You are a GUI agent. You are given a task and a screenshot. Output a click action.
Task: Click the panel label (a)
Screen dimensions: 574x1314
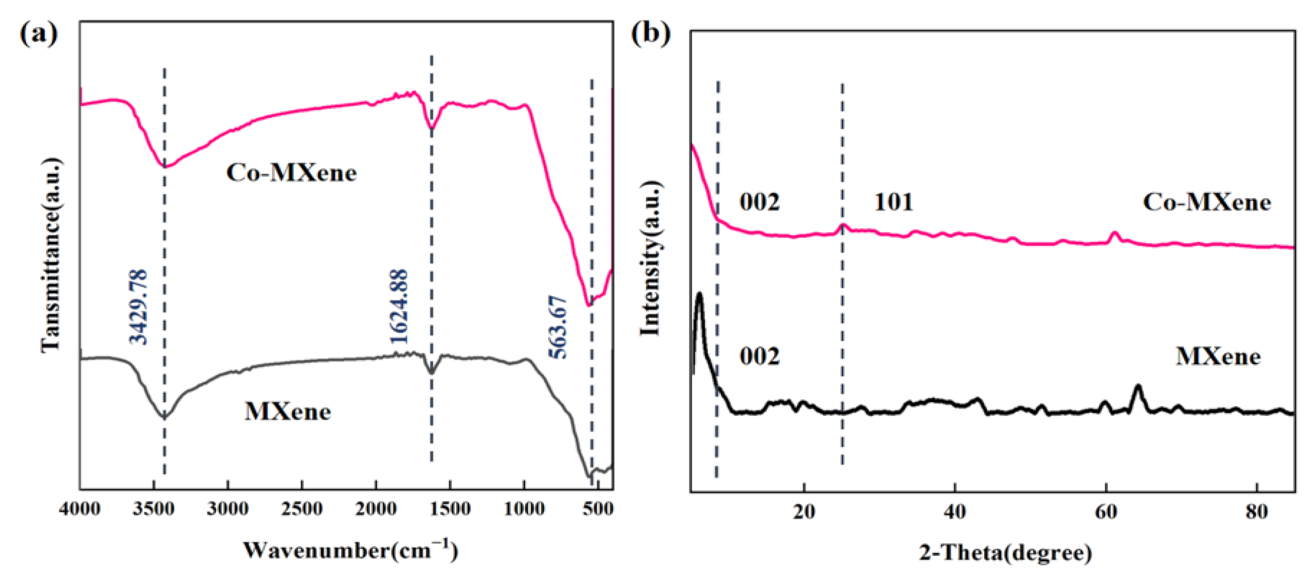click(x=39, y=34)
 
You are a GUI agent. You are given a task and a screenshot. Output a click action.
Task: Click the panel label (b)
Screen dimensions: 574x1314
click(x=651, y=34)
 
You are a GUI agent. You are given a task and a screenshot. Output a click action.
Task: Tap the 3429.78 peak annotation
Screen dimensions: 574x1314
click(x=138, y=307)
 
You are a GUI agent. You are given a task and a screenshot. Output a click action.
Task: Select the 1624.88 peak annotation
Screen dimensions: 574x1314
click(x=398, y=307)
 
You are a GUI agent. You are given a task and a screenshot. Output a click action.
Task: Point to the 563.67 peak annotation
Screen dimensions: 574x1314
click(x=558, y=326)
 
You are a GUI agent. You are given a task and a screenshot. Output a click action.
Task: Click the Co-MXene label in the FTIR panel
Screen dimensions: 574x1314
click(x=291, y=173)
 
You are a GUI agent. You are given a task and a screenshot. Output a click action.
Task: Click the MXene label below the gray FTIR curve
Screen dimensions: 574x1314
click(x=288, y=412)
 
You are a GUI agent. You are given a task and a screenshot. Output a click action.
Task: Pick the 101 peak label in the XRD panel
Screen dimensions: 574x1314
click(x=893, y=203)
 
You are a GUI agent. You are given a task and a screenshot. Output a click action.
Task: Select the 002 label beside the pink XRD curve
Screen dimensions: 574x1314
click(x=760, y=203)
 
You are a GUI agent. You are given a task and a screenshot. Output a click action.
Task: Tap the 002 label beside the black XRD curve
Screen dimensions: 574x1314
click(x=760, y=356)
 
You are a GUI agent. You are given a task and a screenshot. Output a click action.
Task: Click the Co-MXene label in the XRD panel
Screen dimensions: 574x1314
click(x=1206, y=203)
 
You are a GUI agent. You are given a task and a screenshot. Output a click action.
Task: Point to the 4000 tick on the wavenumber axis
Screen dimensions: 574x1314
click(x=80, y=509)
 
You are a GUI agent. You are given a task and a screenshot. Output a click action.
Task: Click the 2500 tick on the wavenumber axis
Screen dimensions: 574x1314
click(x=301, y=509)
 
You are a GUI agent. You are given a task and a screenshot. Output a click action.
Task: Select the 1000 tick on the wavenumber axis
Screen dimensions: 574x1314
click(x=524, y=509)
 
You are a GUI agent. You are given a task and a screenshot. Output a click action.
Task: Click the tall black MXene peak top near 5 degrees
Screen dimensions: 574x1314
click(x=699, y=294)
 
